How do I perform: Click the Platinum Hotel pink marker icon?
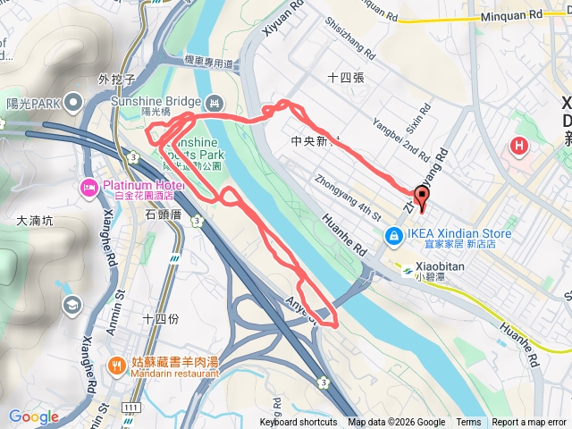[88, 186]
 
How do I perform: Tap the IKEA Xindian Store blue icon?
[392, 235]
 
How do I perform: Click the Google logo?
[33, 416]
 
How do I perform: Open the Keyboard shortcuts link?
[299, 423]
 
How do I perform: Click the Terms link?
[468, 423]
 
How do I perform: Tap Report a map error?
[529, 423]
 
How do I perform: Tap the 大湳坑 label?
[35, 219]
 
